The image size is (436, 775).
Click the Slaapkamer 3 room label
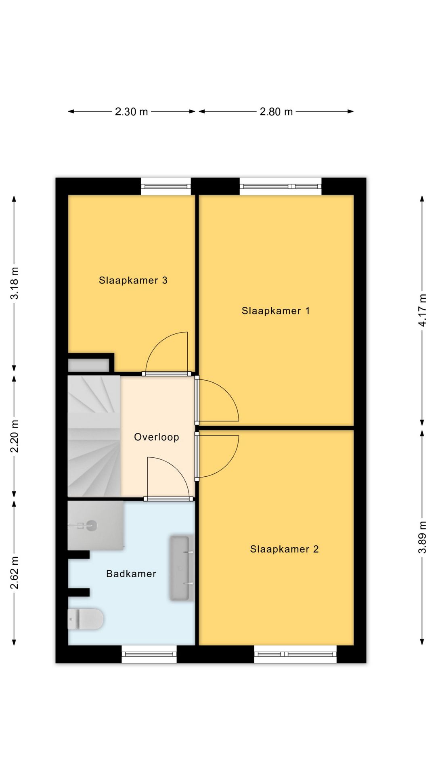coord(133,280)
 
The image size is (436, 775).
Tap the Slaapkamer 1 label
coord(276,311)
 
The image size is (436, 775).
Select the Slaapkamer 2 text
coord(284,549)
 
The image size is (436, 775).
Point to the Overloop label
coord(157,437)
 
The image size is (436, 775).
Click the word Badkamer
coord(131,574)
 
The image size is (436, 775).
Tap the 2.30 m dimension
coord(132,111)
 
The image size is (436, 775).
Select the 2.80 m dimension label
coord(276,111)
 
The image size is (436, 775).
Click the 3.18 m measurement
coord(15,283)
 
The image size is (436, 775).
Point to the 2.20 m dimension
coord(15,436)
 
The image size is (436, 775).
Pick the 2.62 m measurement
coord(15,572)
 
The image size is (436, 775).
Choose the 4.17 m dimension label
coord(422,310)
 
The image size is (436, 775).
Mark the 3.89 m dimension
coord(422,537)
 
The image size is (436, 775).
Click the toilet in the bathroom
coord(86,619)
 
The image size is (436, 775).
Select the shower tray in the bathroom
coord(95,525)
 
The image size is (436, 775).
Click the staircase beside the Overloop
coord(94,436)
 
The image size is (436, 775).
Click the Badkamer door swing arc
coord(176,468)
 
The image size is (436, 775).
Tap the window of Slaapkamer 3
coord(166,186)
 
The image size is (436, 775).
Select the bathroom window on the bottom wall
coord(149,654)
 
